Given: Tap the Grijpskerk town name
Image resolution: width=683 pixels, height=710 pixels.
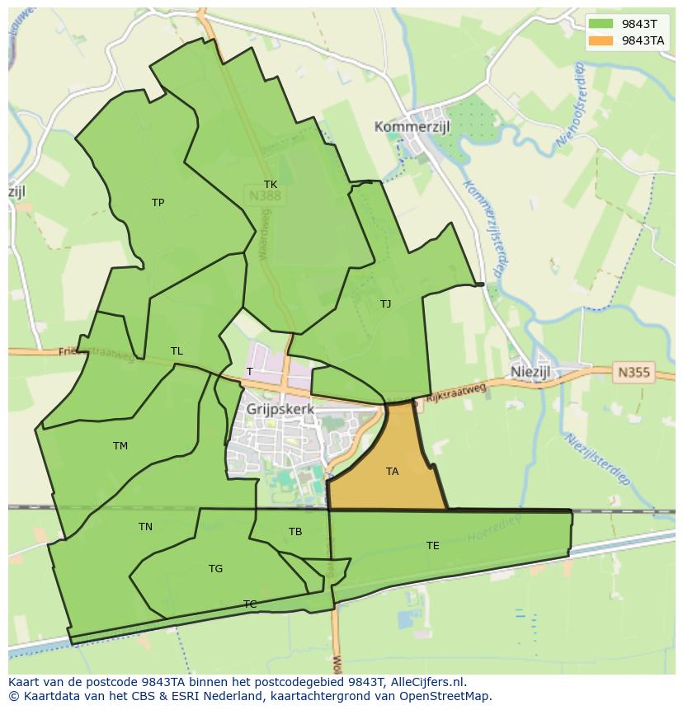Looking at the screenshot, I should coord(280,408).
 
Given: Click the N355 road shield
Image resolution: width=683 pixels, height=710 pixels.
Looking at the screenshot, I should coord(633,373).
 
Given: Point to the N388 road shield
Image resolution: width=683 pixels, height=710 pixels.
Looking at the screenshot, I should coord(264,196).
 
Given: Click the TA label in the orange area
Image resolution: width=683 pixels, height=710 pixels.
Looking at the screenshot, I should coord(392,472).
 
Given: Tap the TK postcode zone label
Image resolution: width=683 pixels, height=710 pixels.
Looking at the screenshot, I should coord(271,185).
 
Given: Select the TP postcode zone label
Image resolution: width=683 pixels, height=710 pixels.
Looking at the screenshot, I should coord(158,203).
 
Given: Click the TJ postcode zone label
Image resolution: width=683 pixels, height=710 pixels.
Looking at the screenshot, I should coord(385,304).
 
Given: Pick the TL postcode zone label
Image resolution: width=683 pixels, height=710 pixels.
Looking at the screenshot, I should coord(177,351).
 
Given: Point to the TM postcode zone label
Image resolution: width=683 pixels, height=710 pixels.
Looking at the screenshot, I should coord(120,446).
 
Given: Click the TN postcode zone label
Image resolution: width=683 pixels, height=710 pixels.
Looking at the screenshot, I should coord(145,527).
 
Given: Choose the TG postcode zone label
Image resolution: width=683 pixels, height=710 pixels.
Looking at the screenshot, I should coord(215,569).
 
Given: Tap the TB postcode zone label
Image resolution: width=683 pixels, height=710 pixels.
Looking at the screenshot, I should coord(295,532).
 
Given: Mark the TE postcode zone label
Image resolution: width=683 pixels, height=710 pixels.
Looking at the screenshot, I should coord(432,546).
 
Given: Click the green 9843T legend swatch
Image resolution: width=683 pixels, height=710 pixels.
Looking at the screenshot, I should coord(601,23).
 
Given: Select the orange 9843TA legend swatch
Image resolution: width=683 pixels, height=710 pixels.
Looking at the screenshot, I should coord(601,40).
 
